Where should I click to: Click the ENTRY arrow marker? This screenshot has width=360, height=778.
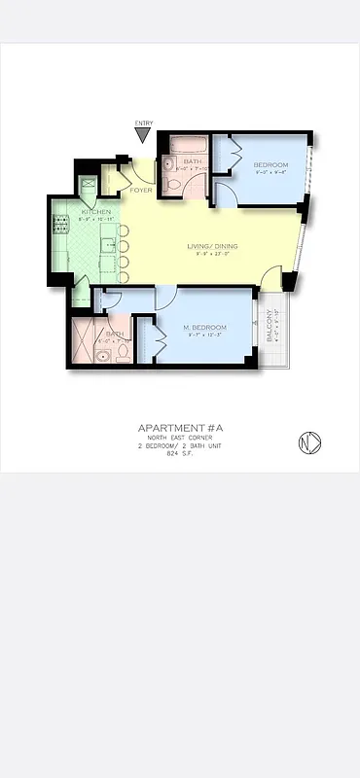click(144, 133)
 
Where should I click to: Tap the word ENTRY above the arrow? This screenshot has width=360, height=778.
click(144, 123)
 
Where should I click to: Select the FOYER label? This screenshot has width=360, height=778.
click(142, 191)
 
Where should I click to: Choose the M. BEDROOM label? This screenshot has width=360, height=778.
click(205, 327)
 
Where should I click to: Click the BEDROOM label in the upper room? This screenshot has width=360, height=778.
click(271, 165)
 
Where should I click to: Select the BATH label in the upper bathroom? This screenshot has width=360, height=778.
click(192, 161)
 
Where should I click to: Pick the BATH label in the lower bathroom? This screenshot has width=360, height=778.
click(114, 334)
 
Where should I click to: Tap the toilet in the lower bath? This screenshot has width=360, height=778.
click(124, 354)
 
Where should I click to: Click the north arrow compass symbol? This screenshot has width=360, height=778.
click(309, 442)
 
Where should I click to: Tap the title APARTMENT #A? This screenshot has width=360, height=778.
click(180, 428)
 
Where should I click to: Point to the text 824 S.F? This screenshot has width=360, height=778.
click(180, 454)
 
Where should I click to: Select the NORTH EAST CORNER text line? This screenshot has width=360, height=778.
click(180, 439)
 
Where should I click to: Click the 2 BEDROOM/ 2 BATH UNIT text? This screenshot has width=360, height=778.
click(180, 446)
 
